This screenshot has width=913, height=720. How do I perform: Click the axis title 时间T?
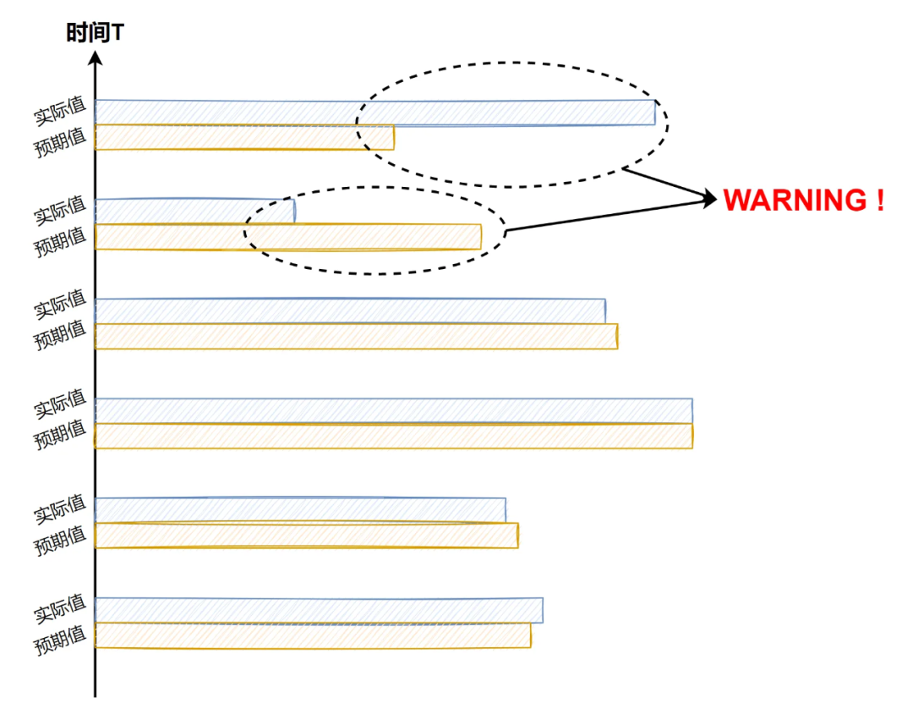pos(96,33)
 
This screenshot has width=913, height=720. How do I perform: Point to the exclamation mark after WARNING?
pos(879,201)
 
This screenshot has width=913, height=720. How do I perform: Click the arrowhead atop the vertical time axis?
pos(96,58)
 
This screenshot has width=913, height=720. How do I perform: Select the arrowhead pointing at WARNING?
pos(708,199)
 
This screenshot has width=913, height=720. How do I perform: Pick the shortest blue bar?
pos(194,212)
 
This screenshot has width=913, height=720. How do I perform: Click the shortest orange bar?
pos(243,137)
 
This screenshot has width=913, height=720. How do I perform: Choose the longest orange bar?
pos(393,436)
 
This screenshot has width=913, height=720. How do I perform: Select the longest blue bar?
pos(393,410)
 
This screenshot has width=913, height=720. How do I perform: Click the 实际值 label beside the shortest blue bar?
pos(60,209)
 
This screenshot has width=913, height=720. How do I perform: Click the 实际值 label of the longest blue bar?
pos(60,406)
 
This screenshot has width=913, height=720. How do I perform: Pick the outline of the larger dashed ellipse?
pos(511,63)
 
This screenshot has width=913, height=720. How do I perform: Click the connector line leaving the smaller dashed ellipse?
pos(604,215)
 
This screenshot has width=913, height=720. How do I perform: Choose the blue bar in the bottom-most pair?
pos(318,610)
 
